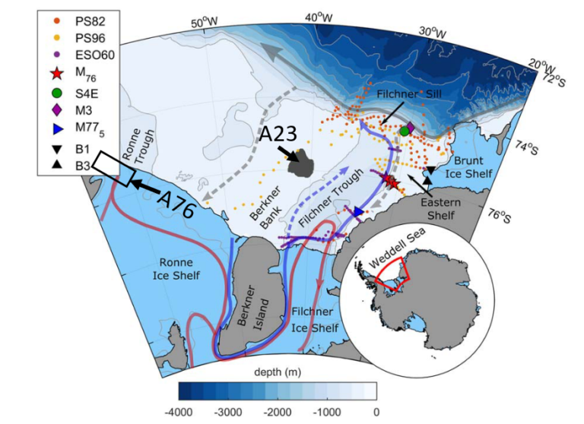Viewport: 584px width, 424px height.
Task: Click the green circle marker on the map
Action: click(404, 131)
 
